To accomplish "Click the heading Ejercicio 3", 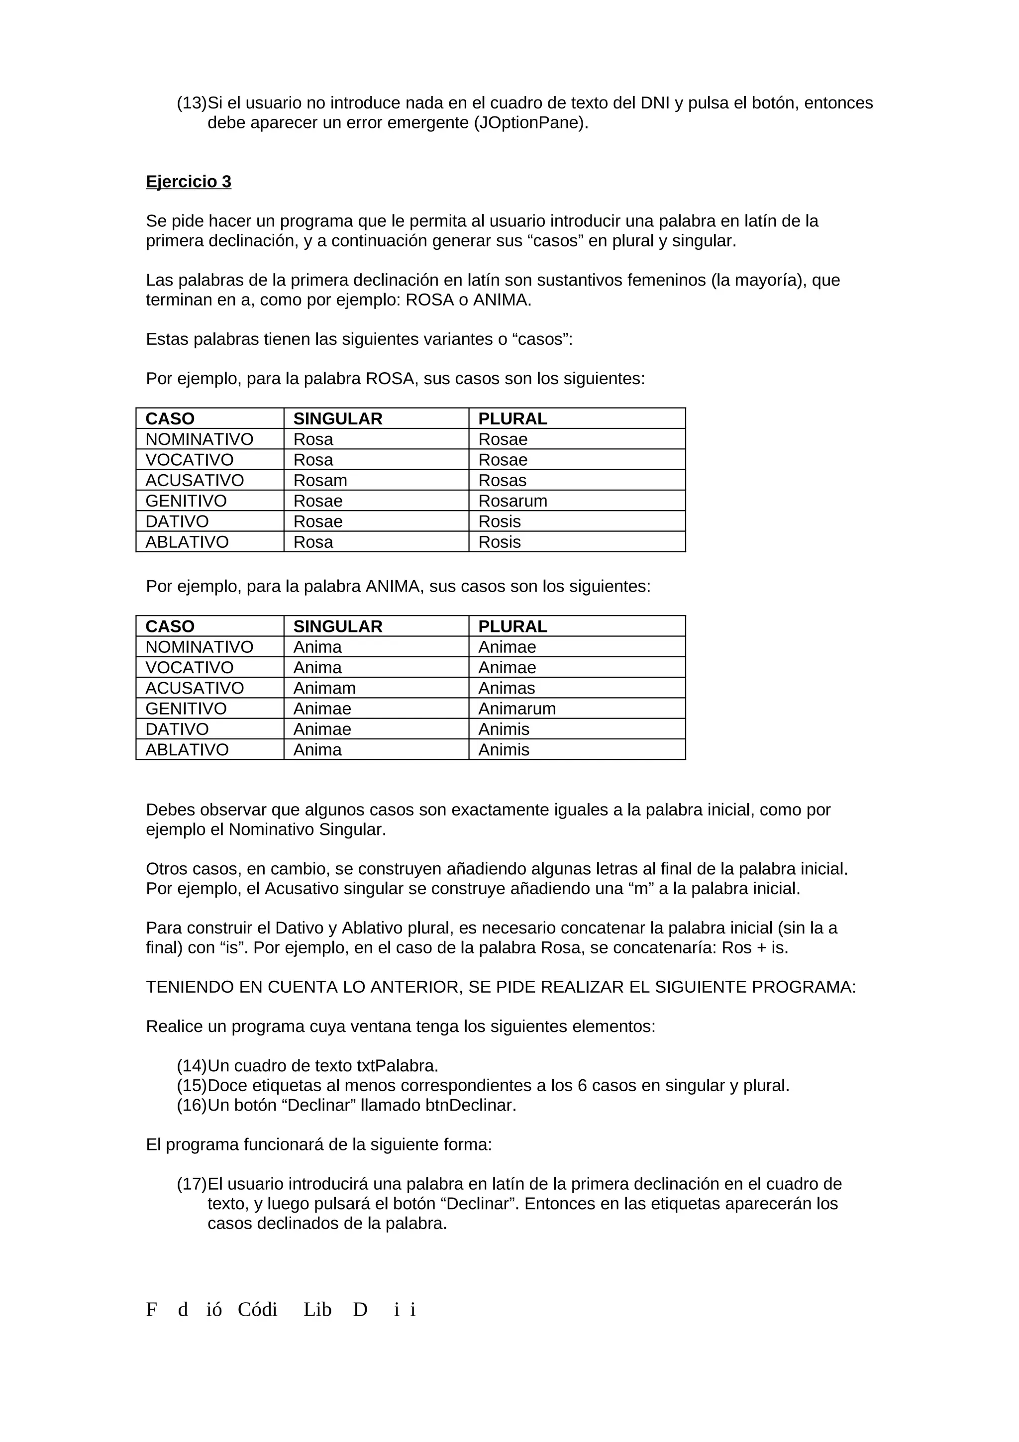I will pyautogui.click(x=189, y=182).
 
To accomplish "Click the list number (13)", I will pyautogui.click(x=192, y=103).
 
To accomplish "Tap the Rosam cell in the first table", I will pyautogui.click(x=320, y=481).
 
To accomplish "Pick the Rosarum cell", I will pyautogui.click(x=512, y=501).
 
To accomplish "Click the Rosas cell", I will pyautogui.click(x=502, y=481).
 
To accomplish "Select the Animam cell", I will pyautogui.click(x=324, y=688).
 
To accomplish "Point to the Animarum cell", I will pyautogui.click(x=517, y=709).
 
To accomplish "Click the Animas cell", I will pyautogui.click(x=507, y=688).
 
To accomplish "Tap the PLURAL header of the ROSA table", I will pyautogui.click(x=512, y=419).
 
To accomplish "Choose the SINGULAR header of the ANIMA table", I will pyautogui.click(x=338, y=627).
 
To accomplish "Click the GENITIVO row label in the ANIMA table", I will pyautogui.click(x=186, y=709).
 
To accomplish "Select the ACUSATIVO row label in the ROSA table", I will pyautogui.click(x=195, y=481).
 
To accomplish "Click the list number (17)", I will pyautogui.click(x=192, y=1184).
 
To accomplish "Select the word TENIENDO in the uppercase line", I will pyautogui.click(x=190, y=987).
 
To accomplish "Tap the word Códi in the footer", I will pyautogui.click(x=257, y=1310).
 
